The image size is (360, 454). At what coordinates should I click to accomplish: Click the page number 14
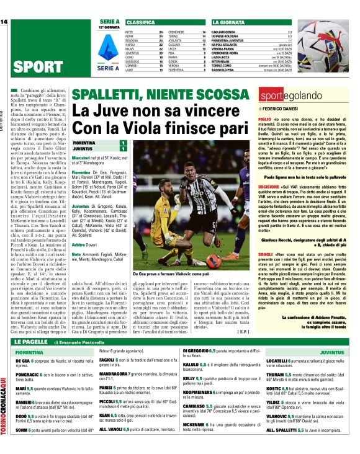(4, 22)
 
